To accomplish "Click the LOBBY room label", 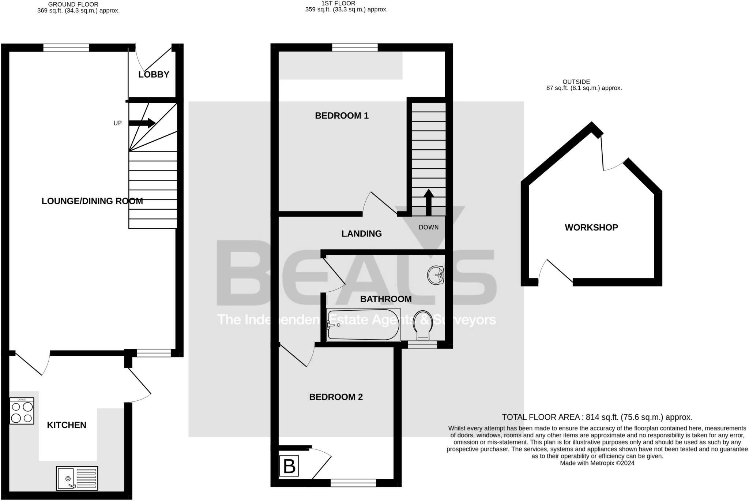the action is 154,75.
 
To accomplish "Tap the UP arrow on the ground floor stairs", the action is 142,123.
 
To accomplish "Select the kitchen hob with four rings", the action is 22,411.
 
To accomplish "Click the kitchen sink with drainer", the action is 77,478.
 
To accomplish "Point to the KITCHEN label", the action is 67,425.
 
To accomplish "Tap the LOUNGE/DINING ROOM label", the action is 92,201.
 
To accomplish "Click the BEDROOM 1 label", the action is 342,116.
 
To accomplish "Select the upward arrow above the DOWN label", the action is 429,202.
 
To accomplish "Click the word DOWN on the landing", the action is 429,227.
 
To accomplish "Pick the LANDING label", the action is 361,233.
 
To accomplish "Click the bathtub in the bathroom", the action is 363,325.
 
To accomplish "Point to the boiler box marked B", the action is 289,466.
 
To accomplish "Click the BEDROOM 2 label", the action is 336,397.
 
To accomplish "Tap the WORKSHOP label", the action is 591,228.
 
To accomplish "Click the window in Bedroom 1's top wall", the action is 355,48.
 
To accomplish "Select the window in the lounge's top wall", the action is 66,48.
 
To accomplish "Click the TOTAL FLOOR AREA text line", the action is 597,417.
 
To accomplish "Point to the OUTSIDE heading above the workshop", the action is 576,82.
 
